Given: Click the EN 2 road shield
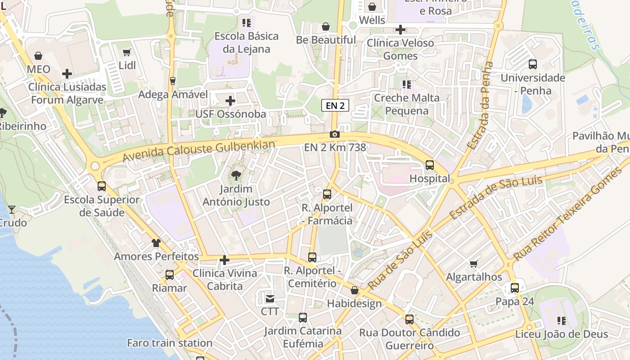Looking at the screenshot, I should tap(335, 106).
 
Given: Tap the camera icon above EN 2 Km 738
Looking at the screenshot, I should tap(334, 134).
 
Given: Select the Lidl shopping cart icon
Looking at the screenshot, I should tap(127, 53).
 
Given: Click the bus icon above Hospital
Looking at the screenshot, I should tap(430, 165).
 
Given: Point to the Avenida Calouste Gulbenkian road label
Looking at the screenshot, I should tap(198, 151).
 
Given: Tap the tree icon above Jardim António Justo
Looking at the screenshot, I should tap(236, 175).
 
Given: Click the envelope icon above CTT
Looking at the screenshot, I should tap(270, 298).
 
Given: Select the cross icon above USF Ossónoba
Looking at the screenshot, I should tap(230, 101).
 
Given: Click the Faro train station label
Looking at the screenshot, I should tap(170, 343).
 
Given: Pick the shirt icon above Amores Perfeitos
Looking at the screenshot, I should tap(156, 243).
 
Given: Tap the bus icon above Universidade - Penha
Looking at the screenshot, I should tap(533, 64).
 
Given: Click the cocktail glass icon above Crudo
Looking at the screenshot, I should tap(11, 209).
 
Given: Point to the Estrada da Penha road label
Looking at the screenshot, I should tap(480, 106).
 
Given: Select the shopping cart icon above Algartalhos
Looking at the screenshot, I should tap(473, 264).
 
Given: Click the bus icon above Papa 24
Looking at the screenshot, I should tap(515, 288).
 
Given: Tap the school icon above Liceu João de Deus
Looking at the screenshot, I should tap(561, 321).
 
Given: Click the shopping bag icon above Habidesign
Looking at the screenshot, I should tap(355, 290).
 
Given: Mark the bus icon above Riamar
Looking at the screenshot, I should tap(170, 275).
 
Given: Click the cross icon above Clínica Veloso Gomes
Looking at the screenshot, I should tap(400, 30).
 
